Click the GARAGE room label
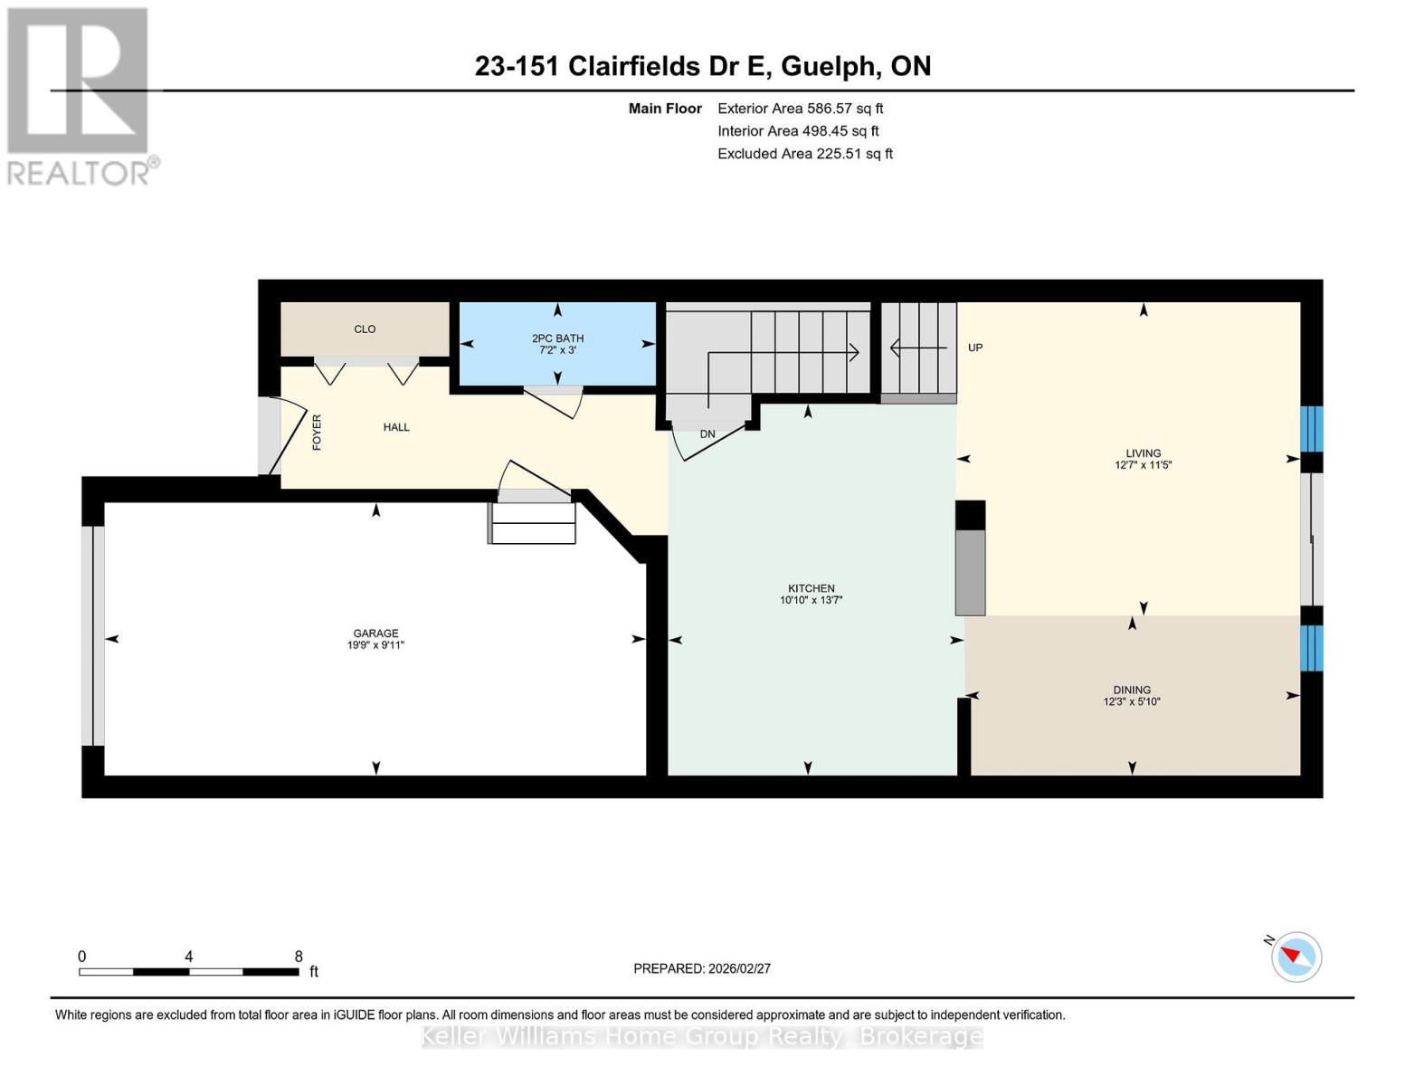point(375,633)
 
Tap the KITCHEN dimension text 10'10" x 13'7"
point(811,600)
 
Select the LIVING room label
point(1143,453)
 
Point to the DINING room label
point(1132,690)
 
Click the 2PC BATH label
point(557,338)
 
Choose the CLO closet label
point(365,329)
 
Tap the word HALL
point(396,427)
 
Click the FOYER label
point(317,432)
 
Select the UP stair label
point(975,348)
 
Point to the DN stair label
point(707,434)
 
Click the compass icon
point(1296,957)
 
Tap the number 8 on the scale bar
point(299,957)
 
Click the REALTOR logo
point(80,95)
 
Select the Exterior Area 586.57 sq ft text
point(800,108)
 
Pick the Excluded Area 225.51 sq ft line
point(804,154)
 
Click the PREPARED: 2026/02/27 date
point(702,968)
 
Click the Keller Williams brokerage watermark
point(702,1036)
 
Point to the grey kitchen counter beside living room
point(971,572)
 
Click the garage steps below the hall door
point(533,523)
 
